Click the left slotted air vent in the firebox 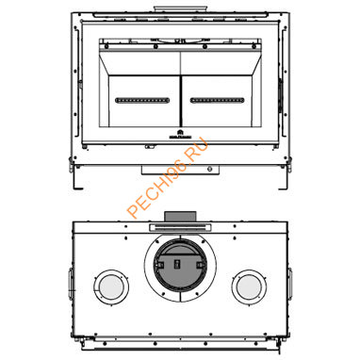[x=141, y=99]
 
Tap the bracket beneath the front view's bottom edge [x=179, y=166]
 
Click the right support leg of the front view [x=286, y=167]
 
